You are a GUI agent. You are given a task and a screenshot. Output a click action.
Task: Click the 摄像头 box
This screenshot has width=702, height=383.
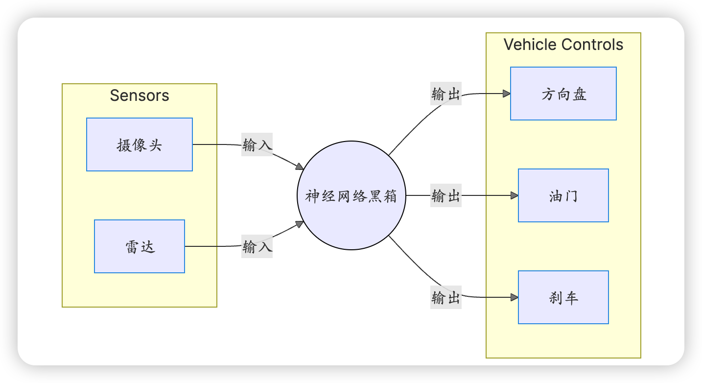click(140, 144)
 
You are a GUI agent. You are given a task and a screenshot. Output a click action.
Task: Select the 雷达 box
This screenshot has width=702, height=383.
click(140, 246)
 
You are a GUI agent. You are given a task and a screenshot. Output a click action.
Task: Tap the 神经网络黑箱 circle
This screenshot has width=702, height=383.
click(351, 196)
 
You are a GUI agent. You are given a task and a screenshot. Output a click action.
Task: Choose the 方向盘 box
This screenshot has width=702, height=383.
click(563, 94)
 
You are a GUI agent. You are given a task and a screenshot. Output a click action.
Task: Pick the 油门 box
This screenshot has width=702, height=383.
click(563, 195)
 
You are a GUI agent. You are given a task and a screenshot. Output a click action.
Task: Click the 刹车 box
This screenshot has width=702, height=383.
click(563, 297)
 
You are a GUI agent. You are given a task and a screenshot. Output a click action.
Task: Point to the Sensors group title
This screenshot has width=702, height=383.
click(140, 95)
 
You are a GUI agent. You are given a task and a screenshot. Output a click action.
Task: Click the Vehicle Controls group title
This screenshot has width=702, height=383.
click(563, 45)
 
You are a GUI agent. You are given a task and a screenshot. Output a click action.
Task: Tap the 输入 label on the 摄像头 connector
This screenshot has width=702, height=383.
click(257, 145)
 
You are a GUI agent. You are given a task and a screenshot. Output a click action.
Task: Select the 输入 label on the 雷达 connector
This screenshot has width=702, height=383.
click(257, 247)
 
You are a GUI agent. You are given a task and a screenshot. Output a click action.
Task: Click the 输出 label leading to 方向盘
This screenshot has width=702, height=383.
click(446, 94)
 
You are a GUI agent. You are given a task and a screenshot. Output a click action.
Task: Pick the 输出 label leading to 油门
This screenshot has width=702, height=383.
click(446, 196)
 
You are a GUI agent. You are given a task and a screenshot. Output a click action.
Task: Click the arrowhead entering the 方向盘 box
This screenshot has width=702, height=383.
click(507, 94)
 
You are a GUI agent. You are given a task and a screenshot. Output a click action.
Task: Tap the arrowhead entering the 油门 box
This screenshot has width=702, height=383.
click(515, 195)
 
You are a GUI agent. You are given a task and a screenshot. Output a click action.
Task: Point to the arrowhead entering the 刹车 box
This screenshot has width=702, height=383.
click(515, 297)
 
